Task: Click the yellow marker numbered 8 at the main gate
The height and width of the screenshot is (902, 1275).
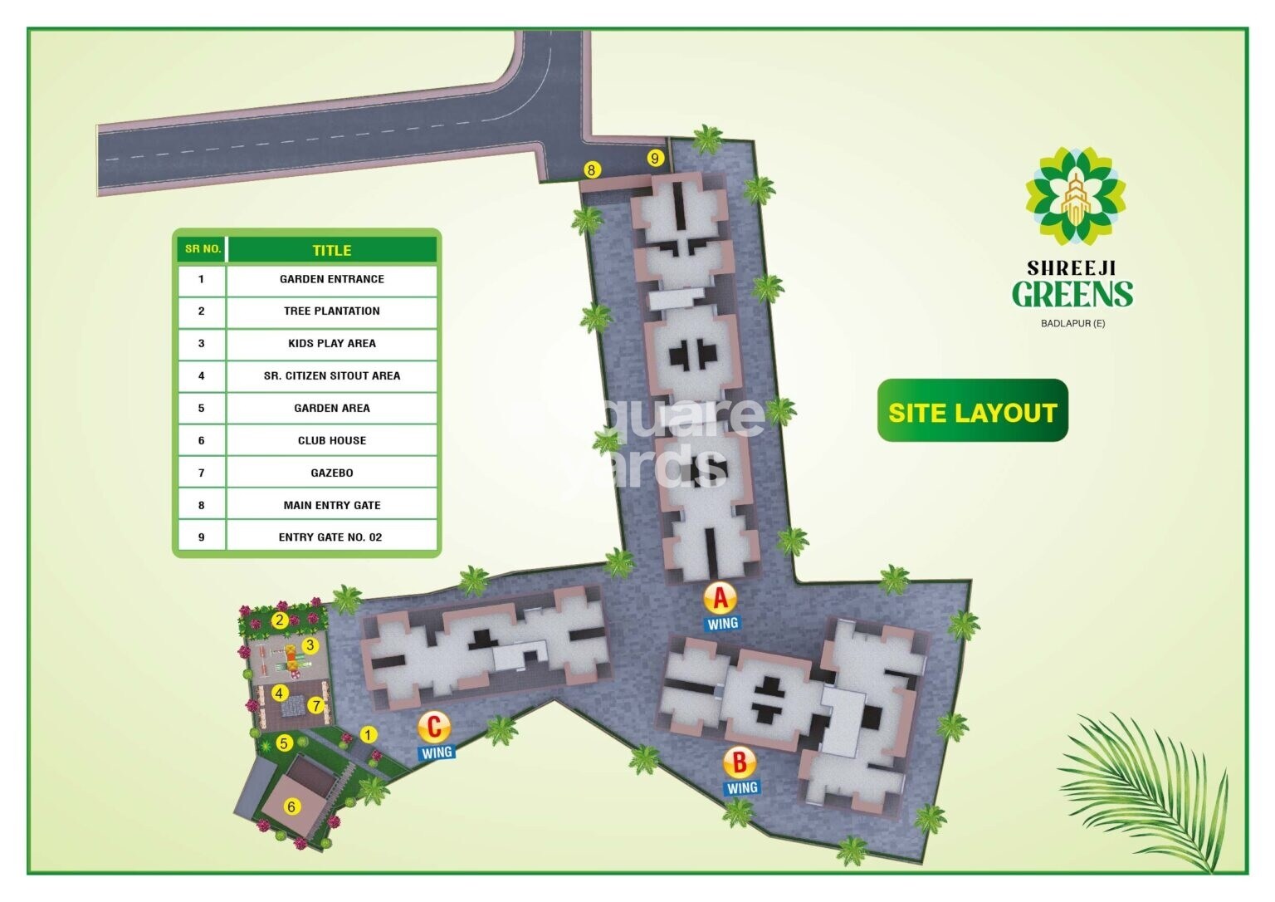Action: pos(591,169)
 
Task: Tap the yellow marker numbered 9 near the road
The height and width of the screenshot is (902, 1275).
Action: pos(655,158)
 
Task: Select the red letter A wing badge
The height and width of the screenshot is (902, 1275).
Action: pos(720,597)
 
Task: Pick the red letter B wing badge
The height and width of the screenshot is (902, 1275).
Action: pos(739,762)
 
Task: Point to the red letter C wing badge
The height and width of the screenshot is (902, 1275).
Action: pos(434,728)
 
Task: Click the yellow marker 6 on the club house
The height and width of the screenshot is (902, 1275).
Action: pos(291,806)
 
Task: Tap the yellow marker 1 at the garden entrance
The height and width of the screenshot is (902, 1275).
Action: pos(368,734)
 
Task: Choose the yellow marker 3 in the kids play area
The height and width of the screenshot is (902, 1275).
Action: pos(310,645)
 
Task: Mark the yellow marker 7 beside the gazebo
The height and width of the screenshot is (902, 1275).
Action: pos(315,705)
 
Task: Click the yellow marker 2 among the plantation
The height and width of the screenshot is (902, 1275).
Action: pos(280,620)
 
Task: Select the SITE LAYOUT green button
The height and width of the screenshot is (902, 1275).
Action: pos(972,411)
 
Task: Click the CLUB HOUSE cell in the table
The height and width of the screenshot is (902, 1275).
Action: pos(332,440)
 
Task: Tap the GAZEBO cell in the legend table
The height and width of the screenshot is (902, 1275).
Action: pos(332,473)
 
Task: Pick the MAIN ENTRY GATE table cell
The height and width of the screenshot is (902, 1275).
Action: pos(332,505)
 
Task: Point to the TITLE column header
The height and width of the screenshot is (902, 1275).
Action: pos(332,250)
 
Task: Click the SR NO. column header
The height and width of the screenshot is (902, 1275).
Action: pos(203,249)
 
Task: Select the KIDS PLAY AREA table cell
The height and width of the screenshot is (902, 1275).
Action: pos(332,343)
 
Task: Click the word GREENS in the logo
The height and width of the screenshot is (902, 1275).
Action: pos(1072,294)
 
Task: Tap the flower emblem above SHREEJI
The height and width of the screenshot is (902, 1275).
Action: pos(1075,198)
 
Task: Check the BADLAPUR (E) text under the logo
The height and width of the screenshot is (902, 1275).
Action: pos(1072,323)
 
